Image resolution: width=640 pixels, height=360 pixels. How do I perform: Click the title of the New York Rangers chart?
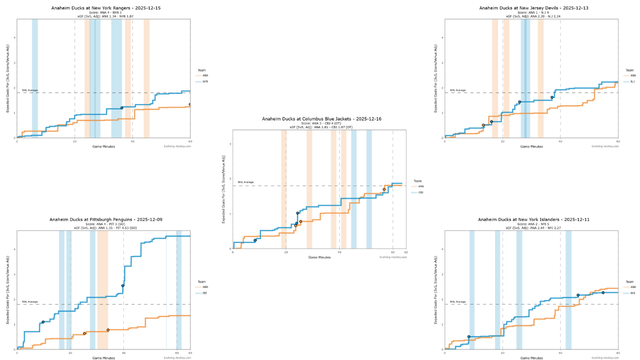click(x=103, y=8)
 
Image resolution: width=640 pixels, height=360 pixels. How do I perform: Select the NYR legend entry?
click(x=205, y=81)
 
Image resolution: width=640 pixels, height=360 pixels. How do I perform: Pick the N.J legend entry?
click(x=632, y=81)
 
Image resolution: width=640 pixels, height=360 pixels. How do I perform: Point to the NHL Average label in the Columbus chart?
click(x=245, y=182)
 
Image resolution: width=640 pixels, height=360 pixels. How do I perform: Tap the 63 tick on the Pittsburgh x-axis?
click(x=190, y=353)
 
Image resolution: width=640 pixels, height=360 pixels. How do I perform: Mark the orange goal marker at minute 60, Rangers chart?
click(x=190, y=104)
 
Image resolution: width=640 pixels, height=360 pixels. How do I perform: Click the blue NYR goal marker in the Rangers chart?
click(x=121, y=108)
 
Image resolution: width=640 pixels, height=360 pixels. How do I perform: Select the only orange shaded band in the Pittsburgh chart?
click(x=102, y=290)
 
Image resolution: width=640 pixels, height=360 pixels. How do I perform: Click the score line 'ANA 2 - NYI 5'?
click(x=531, y=224)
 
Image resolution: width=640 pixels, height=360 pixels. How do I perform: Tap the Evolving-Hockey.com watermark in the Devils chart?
click(x=605, y=146)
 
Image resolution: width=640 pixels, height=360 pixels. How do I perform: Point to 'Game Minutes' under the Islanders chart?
click(x=531, y=357)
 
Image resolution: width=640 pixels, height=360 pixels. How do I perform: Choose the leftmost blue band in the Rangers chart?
click(x=35, y=78)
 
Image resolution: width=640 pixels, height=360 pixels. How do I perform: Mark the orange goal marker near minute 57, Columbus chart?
click(x=384, y=189)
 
